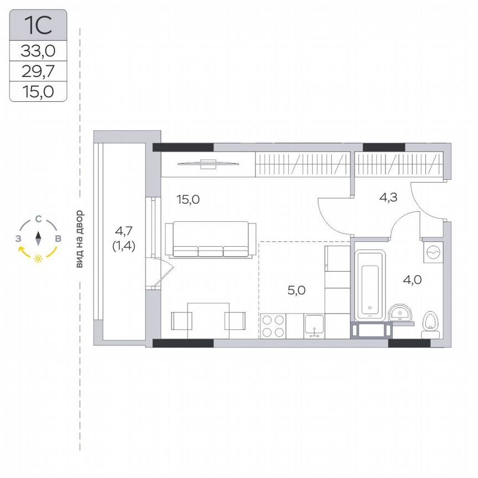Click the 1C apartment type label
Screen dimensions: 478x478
[38, 25]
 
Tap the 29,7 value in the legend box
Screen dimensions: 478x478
[38, 71]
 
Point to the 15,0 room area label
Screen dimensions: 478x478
[188, 200]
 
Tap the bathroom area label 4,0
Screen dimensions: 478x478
[412, 280]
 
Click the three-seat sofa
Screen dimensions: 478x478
[210, 239]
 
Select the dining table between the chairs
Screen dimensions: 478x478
[208, 320]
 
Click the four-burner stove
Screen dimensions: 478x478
[273, 325]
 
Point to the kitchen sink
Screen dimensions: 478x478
[314, 326]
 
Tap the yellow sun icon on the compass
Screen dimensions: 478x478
[38, 258]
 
